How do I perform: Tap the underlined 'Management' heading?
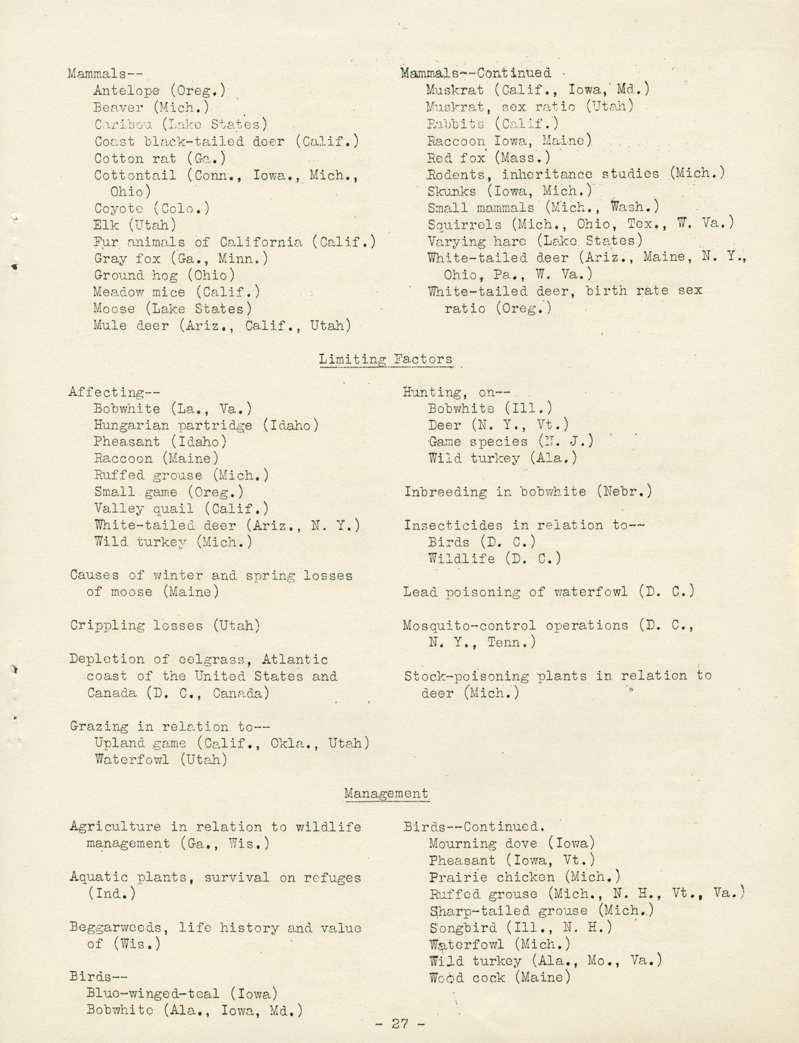386,794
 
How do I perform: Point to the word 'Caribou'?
123,125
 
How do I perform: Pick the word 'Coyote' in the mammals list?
119,208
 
